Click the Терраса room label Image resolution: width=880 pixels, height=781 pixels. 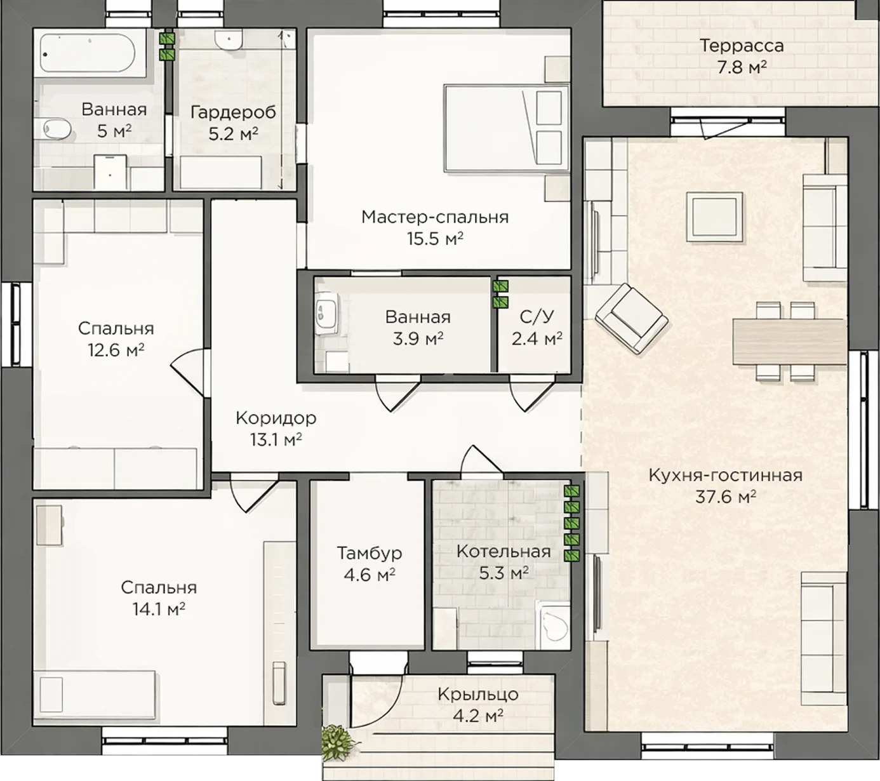[x=742, y=46]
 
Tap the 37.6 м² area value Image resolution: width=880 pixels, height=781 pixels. [x=725, y=496]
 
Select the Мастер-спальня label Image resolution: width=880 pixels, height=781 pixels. [x=435, y=217]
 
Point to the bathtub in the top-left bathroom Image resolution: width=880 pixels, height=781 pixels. [x=88, y=53]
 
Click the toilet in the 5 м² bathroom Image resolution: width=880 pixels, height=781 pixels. [x=57, y=128]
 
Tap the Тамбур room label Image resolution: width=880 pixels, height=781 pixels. [x=370, y=554]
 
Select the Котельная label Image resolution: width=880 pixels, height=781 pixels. [x=503, y=552]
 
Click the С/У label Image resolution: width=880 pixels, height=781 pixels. [x=537, y=317]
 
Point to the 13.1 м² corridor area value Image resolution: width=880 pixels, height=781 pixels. [x=276, y=440]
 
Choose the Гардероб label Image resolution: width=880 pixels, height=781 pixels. [x=233, y=112]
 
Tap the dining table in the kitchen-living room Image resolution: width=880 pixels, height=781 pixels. [x=790, y=342]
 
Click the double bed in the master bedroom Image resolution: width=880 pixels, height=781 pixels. [x=507, y=128]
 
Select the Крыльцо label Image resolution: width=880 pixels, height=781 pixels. [x=478, y=694]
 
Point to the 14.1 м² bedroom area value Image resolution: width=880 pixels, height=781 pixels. [x=159, y=609]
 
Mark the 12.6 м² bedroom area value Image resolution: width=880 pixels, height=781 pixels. [x=116, y=350]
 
